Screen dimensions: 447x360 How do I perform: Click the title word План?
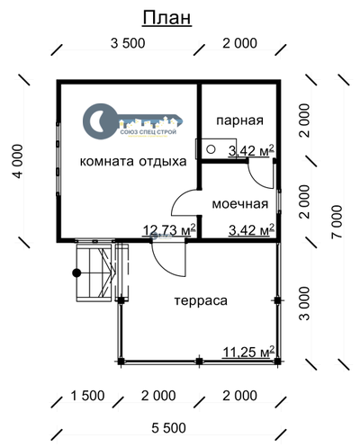pos(166,20)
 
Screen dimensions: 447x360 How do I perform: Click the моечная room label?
pos(240,203)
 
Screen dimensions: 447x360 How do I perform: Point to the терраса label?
pos(201,300)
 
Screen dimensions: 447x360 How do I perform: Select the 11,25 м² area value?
pos(247,353)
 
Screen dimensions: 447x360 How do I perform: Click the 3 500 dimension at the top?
pos(130,44)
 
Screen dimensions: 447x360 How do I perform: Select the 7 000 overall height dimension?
pos(337,222)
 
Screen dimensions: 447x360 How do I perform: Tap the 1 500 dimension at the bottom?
pos(87,397)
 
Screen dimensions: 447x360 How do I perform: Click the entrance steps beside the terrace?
pos(94,271)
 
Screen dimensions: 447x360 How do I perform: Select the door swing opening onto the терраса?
pos(169,258)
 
